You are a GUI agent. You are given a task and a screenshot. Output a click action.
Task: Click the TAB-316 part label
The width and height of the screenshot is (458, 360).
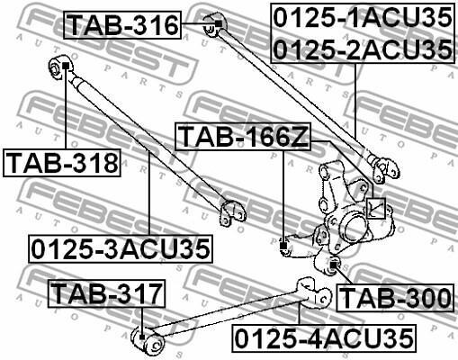(122, 25)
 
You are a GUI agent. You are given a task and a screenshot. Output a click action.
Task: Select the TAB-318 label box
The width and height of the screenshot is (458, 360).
(62, 163)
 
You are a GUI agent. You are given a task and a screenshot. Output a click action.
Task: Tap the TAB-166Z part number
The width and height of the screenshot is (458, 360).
(243, 137)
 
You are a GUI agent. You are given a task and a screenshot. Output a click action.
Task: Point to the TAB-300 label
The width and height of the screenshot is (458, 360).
(395, 298)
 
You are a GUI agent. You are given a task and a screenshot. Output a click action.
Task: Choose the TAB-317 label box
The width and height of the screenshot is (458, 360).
(106, 293)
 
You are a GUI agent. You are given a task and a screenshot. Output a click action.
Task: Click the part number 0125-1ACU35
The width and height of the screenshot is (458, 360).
(363, 18)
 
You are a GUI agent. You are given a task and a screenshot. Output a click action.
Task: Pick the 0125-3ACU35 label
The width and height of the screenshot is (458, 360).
(121, 249)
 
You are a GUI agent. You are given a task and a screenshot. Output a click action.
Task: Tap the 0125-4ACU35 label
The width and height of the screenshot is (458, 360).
(324, 338)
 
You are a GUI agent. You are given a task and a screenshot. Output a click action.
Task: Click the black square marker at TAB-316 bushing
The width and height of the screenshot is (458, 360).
(219, 23)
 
